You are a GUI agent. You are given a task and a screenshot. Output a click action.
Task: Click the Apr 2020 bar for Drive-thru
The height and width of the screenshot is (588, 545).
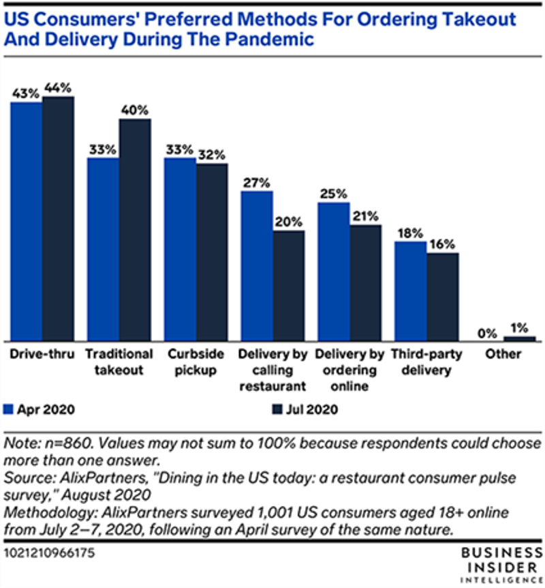click(x=26, y=222)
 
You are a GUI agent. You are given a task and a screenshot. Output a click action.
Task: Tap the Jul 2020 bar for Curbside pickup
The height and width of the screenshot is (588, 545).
click(x=212, y=252)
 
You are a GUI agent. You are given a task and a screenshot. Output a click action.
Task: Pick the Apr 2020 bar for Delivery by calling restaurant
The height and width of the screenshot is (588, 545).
click(x=256, y=265)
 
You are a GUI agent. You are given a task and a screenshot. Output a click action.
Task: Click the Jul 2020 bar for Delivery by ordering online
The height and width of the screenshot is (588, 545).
click(x=366, y=282)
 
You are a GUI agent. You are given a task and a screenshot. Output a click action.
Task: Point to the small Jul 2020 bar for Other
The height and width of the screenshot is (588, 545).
click(x=519, y=338)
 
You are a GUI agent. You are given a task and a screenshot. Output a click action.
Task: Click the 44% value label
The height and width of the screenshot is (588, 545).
click(x=59, y=88)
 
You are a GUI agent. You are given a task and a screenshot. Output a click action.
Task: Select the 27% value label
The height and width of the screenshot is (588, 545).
click(x=256, y=182)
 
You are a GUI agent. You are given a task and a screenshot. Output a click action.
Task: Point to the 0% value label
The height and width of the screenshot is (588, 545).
click(x=486, y=332)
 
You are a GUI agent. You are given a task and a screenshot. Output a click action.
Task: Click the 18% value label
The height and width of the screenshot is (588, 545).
click(x=410, y=232)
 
